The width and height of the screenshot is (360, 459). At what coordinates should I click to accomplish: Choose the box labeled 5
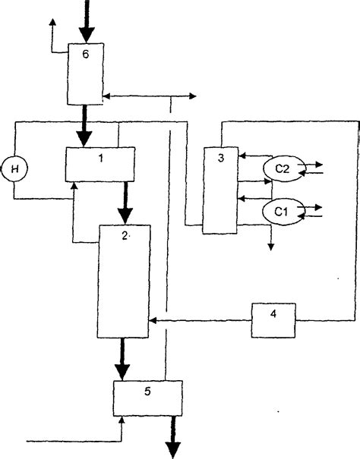point(148,398)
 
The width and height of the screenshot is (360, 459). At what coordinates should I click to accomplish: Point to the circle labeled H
point(14,166)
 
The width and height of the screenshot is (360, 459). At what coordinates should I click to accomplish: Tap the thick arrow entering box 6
point(87,23)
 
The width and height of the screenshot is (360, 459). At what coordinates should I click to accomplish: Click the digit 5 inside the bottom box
point(148,391)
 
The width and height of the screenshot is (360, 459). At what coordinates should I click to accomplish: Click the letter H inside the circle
point(14,166)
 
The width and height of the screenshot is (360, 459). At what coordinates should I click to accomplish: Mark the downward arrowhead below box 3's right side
point(271,245)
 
